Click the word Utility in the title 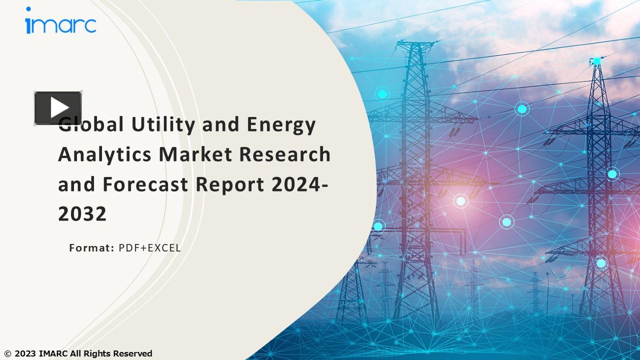(162, 124)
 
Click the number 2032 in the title (82, 214)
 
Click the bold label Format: (92, 247)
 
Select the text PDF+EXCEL (149, 247)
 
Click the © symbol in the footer (7, 354)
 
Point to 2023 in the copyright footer (24, 354)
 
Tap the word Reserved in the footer (132, 354)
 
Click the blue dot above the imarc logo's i (28, 9)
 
